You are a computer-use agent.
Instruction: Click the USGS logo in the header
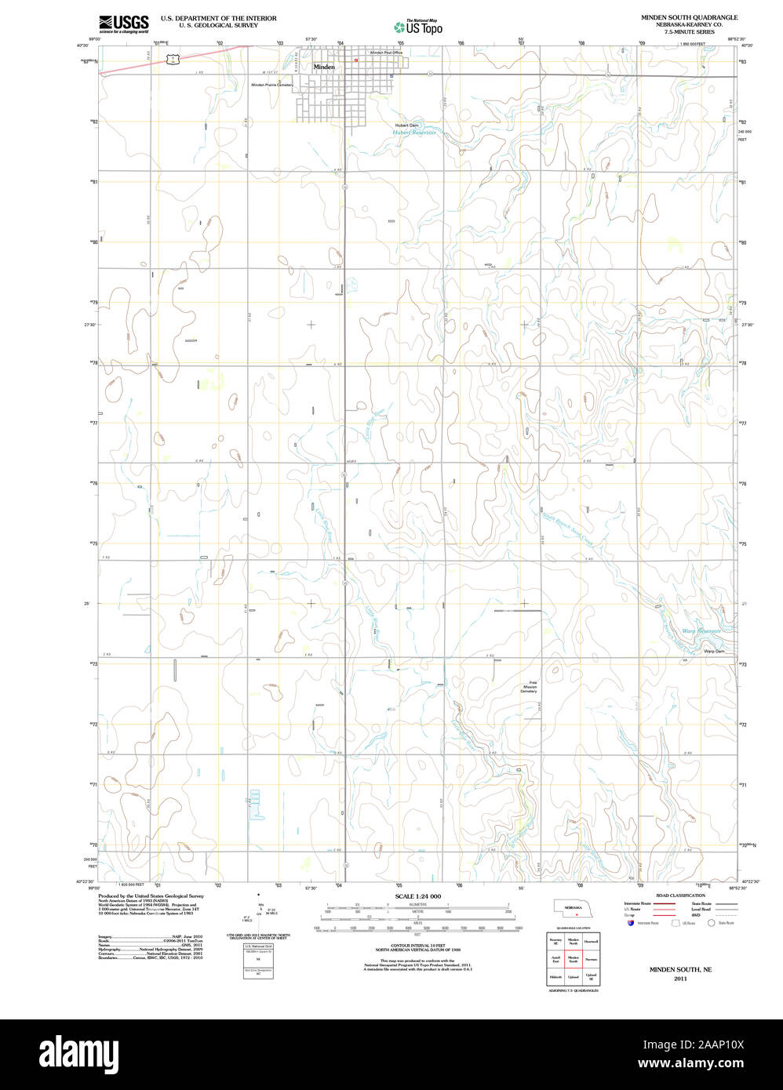click(123, 24)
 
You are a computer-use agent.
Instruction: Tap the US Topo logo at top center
click(418, 27)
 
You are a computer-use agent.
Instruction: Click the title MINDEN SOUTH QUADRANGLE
click(689, 16)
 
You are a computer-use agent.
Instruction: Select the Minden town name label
click(324, 67)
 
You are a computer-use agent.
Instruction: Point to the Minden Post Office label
click(386, 53)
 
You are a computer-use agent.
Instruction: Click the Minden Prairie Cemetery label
click(271, 85)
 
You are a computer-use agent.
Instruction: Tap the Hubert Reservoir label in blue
click(413, 133)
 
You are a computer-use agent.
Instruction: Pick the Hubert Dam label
click(406, 125)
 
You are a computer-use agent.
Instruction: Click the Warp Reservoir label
click(701, 630)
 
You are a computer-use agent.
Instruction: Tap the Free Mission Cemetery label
click(530, 687)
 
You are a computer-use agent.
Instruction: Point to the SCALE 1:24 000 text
click(417, 896)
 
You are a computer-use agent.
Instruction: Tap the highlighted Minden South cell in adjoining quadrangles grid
click(574, 959)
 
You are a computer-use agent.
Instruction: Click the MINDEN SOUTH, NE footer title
click(680, 970)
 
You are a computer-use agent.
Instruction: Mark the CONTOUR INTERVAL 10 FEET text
click(417, 946)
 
